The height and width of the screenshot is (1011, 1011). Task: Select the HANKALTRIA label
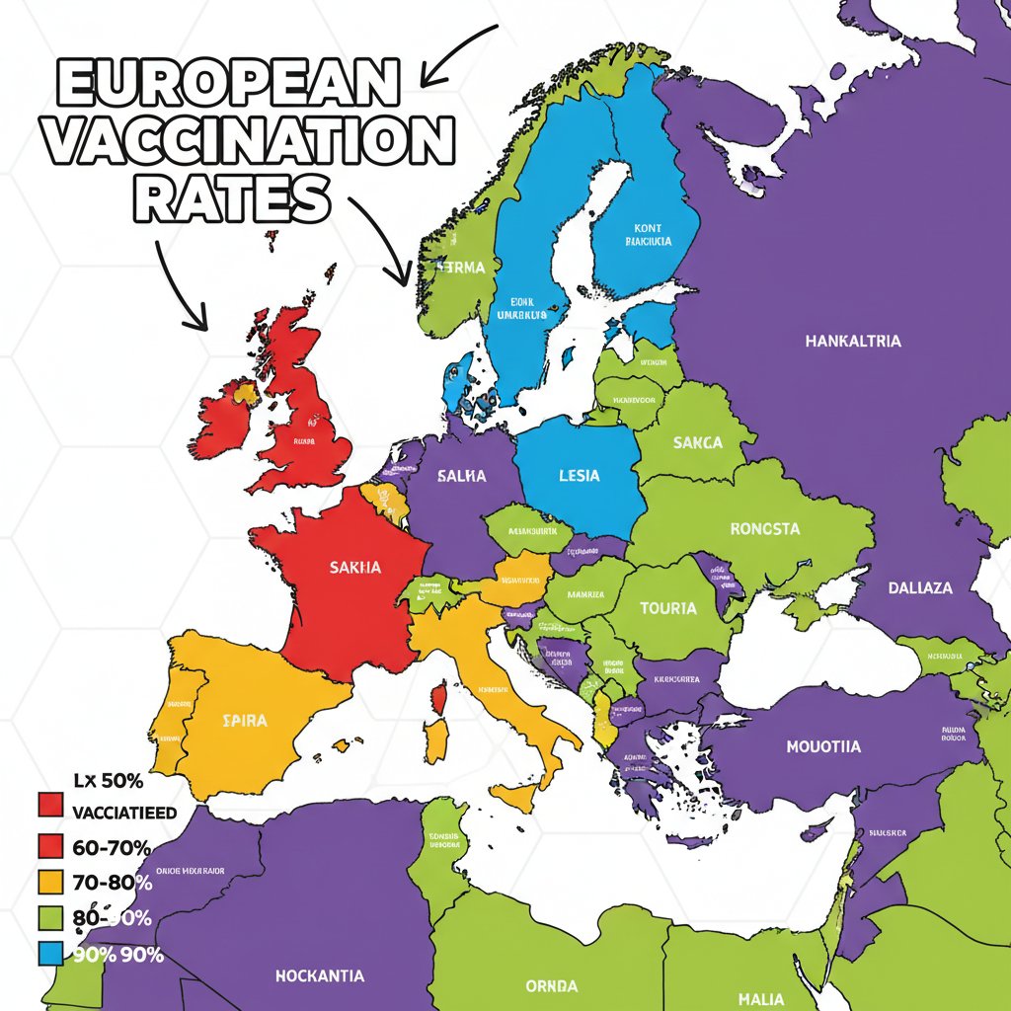click(853, 342)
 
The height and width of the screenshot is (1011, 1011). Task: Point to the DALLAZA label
click(919, 587)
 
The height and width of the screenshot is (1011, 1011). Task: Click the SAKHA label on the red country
click(355, 568)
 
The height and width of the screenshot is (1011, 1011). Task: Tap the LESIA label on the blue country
click(579, 476)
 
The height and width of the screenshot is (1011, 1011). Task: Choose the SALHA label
click(461, 476)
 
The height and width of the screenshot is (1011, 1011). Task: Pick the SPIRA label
click(244, 721)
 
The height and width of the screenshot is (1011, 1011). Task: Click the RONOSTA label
click(765, 529)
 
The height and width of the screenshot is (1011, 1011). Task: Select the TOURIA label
click(668, 608)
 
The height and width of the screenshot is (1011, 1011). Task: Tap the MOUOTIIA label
click(822, 746)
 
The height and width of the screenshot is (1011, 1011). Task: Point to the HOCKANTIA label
click(319, 975)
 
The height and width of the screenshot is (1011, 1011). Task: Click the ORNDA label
click(553, 986)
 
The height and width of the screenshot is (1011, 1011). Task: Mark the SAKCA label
click(697, 443)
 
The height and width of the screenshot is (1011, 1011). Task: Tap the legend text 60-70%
click(112, 847)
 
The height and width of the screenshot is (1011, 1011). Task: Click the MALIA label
click(760, 999)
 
